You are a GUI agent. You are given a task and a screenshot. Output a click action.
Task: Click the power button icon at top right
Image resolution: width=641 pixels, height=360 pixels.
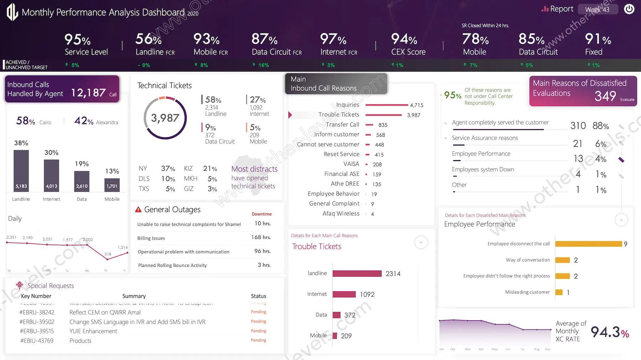tap(629, 9)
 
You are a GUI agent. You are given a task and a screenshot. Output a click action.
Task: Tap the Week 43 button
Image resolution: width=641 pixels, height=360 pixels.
tap(597, 10)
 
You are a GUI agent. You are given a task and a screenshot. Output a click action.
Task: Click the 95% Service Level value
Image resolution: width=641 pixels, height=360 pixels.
tap(78, 40)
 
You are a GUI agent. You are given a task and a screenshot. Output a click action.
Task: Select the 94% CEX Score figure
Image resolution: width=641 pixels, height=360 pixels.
tap(404, 39)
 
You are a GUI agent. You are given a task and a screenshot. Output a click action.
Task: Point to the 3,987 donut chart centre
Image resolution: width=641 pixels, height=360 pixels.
tap(165, 118)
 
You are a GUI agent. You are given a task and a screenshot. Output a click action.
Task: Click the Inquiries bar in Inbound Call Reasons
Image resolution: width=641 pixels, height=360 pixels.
tap(387, 105)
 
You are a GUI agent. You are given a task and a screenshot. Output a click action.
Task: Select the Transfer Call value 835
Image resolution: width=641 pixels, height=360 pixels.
tap(383, 125)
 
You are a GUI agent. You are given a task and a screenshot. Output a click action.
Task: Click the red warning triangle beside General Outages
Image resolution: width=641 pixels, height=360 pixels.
tap(138, 210)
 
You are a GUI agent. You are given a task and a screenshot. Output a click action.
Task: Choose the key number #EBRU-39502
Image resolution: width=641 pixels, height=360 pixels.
tap(37, 322)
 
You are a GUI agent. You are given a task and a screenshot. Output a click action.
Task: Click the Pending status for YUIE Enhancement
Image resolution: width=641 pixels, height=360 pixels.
tap(259, 331)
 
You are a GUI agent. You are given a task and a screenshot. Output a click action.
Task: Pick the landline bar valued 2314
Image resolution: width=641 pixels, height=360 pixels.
tap(357, 273)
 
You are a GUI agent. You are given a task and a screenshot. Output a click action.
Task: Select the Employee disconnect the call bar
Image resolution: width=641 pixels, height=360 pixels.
tap(588, 244)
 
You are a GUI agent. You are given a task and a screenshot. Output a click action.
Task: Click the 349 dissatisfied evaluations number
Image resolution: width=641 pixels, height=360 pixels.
tap(605, 96)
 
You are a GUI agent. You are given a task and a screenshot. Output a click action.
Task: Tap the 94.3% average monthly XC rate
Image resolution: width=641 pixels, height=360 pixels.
tap(609, 332)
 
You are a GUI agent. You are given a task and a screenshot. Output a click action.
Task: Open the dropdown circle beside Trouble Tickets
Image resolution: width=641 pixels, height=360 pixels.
tap(421, 242)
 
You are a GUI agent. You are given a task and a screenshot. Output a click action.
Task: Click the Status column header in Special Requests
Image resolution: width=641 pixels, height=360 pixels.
tap(259, 296)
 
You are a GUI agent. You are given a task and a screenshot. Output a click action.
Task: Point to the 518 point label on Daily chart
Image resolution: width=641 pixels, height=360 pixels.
tap(108, 254)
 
